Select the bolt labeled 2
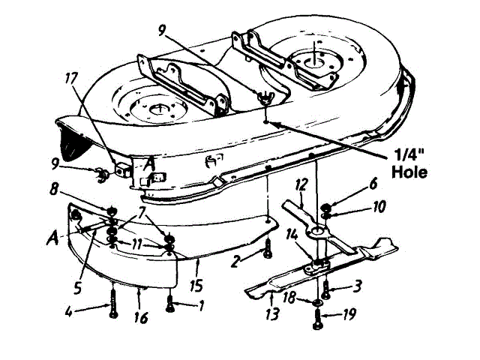(267, 251)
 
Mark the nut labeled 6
(327, 208)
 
